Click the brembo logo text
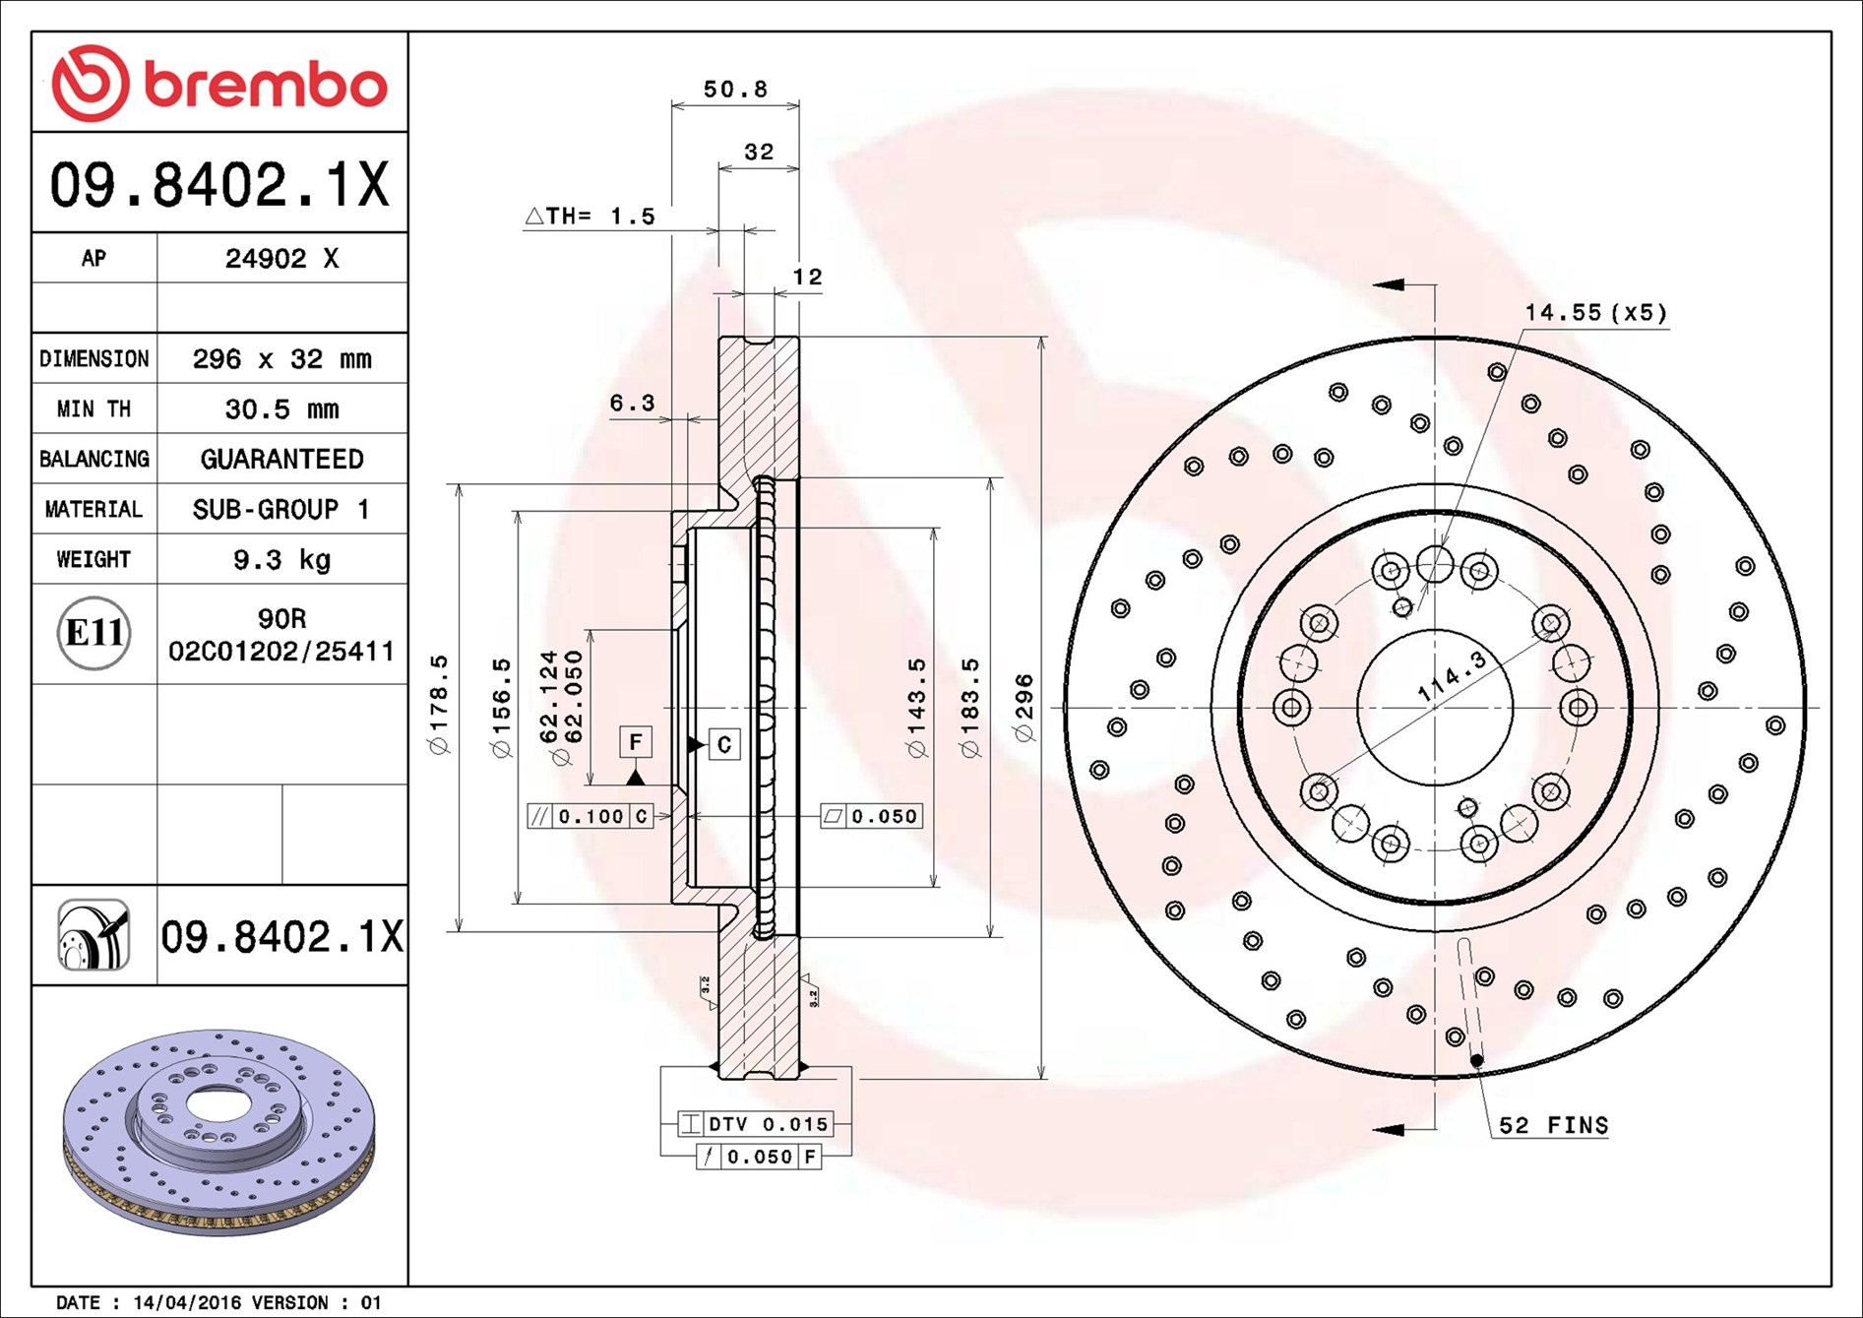pyautogui.click(x=266, y=85)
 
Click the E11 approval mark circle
pyautogui.click(x=93, y=633)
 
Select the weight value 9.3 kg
pyautogui.click(x=281, y=560)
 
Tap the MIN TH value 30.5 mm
pyautogui.click(x=281, y=409)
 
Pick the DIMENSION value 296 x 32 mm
pyautogui.click(x=281, y=359)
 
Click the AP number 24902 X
pyautogui.click(x=281, y=258)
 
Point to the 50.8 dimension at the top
pyautogui.click(x=734, y=90)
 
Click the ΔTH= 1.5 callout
pyautogui.click(x=590, y=216)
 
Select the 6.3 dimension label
pyautogui.click(x=632, y=403)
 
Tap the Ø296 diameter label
pyautogui.click(x=1024, y=708)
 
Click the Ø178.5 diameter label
pyautogui.click(x=439, y=705)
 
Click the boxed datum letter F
pyautogui.click(x=636, y=741)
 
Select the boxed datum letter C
pyautogui.click(x=724, y=744)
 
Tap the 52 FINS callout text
pyautogui.click(x=1553, y=1125)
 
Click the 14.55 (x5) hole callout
pyautogui.click(x=1595, y=313)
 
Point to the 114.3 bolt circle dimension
pyautogui.click(x=1452, y=676)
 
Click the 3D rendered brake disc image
pyautogui.click(x=219, y=1132)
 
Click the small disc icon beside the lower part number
pyautogui.click(x=93, y=935)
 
